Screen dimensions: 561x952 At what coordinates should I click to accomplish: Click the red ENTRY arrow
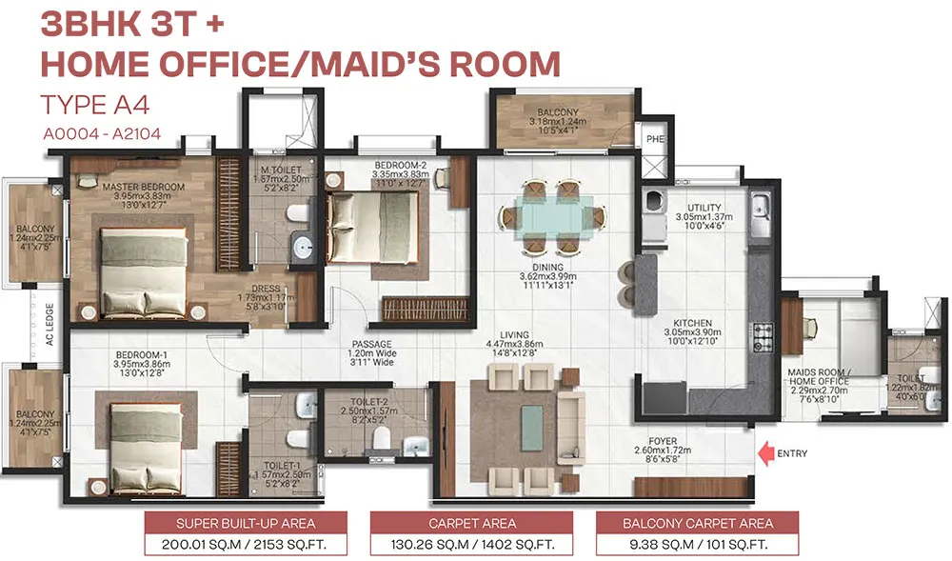(x=764, y=453)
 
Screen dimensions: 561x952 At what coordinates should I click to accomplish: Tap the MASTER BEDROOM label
(x=143, y=186)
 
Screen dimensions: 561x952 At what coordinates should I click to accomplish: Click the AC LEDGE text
(x=50, y=323)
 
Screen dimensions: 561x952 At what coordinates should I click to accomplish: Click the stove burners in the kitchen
(x=763, y=334)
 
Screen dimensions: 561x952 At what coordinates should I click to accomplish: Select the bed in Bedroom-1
(x=153, y=441)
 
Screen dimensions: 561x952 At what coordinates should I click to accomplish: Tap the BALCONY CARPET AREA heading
(x=698, y=523)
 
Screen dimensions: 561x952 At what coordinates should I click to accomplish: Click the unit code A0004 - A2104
(x=101, y=134)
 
